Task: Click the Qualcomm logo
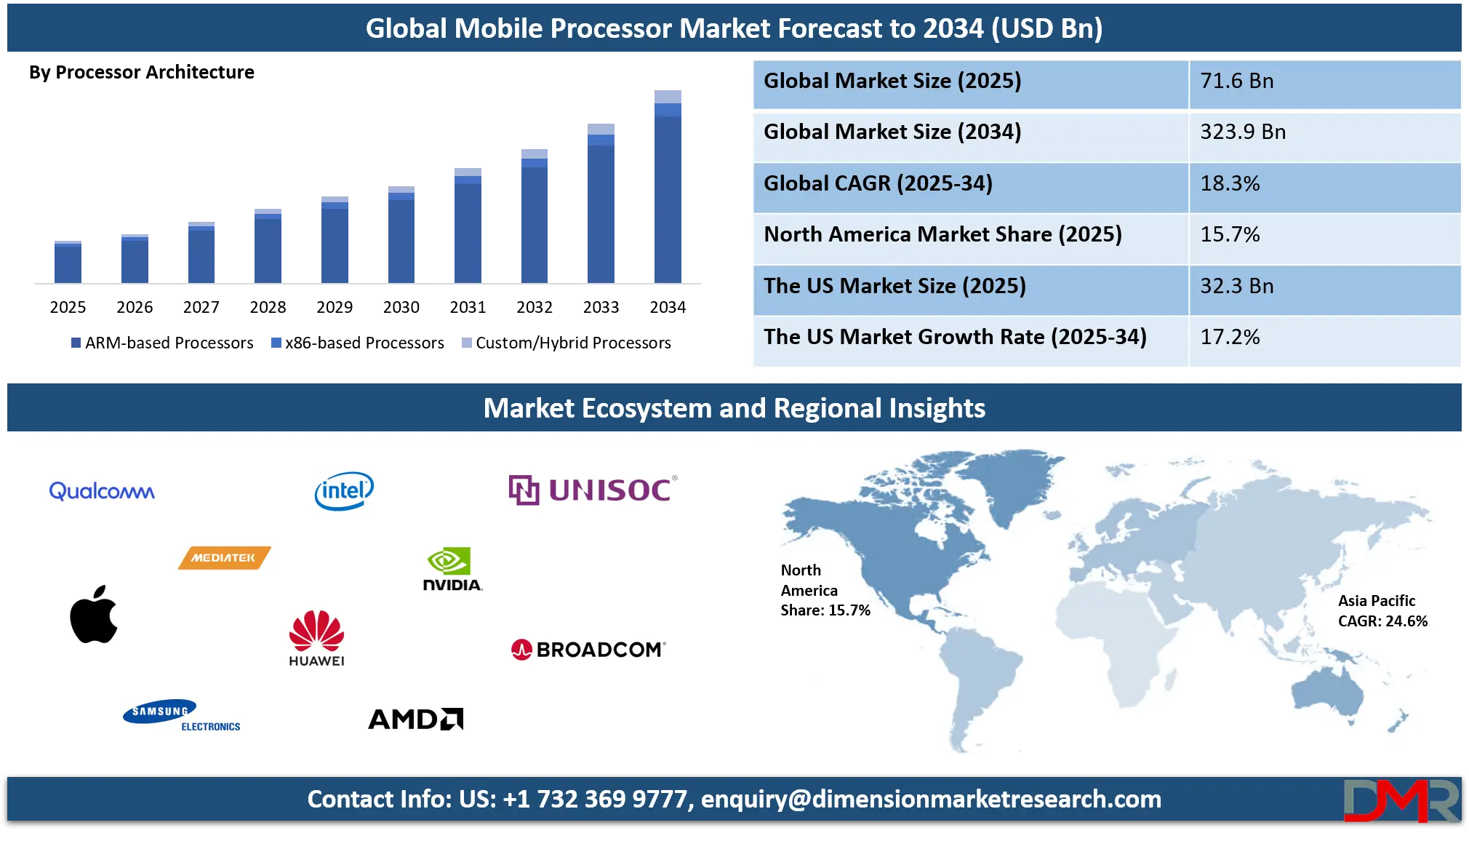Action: click(102, 491)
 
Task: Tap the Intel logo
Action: click(344, 491)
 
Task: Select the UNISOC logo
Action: click(593, 490)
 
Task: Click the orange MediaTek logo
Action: click(224, 558)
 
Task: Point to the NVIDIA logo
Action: click(452, 569)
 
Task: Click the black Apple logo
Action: click(94, 615)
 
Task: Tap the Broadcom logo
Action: click(588, 649)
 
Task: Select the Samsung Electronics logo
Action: click(181, 716)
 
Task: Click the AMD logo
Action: click(415, 719)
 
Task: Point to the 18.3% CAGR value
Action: click(1230, 183)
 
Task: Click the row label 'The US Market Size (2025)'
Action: click(894, 286)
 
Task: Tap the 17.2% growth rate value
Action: click(1230, 337)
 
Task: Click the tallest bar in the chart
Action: click(668, 186)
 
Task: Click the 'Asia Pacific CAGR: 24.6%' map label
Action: click(1382, 610)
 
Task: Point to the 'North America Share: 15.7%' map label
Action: click(825, 590)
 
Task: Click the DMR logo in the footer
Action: click(1401, 801)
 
